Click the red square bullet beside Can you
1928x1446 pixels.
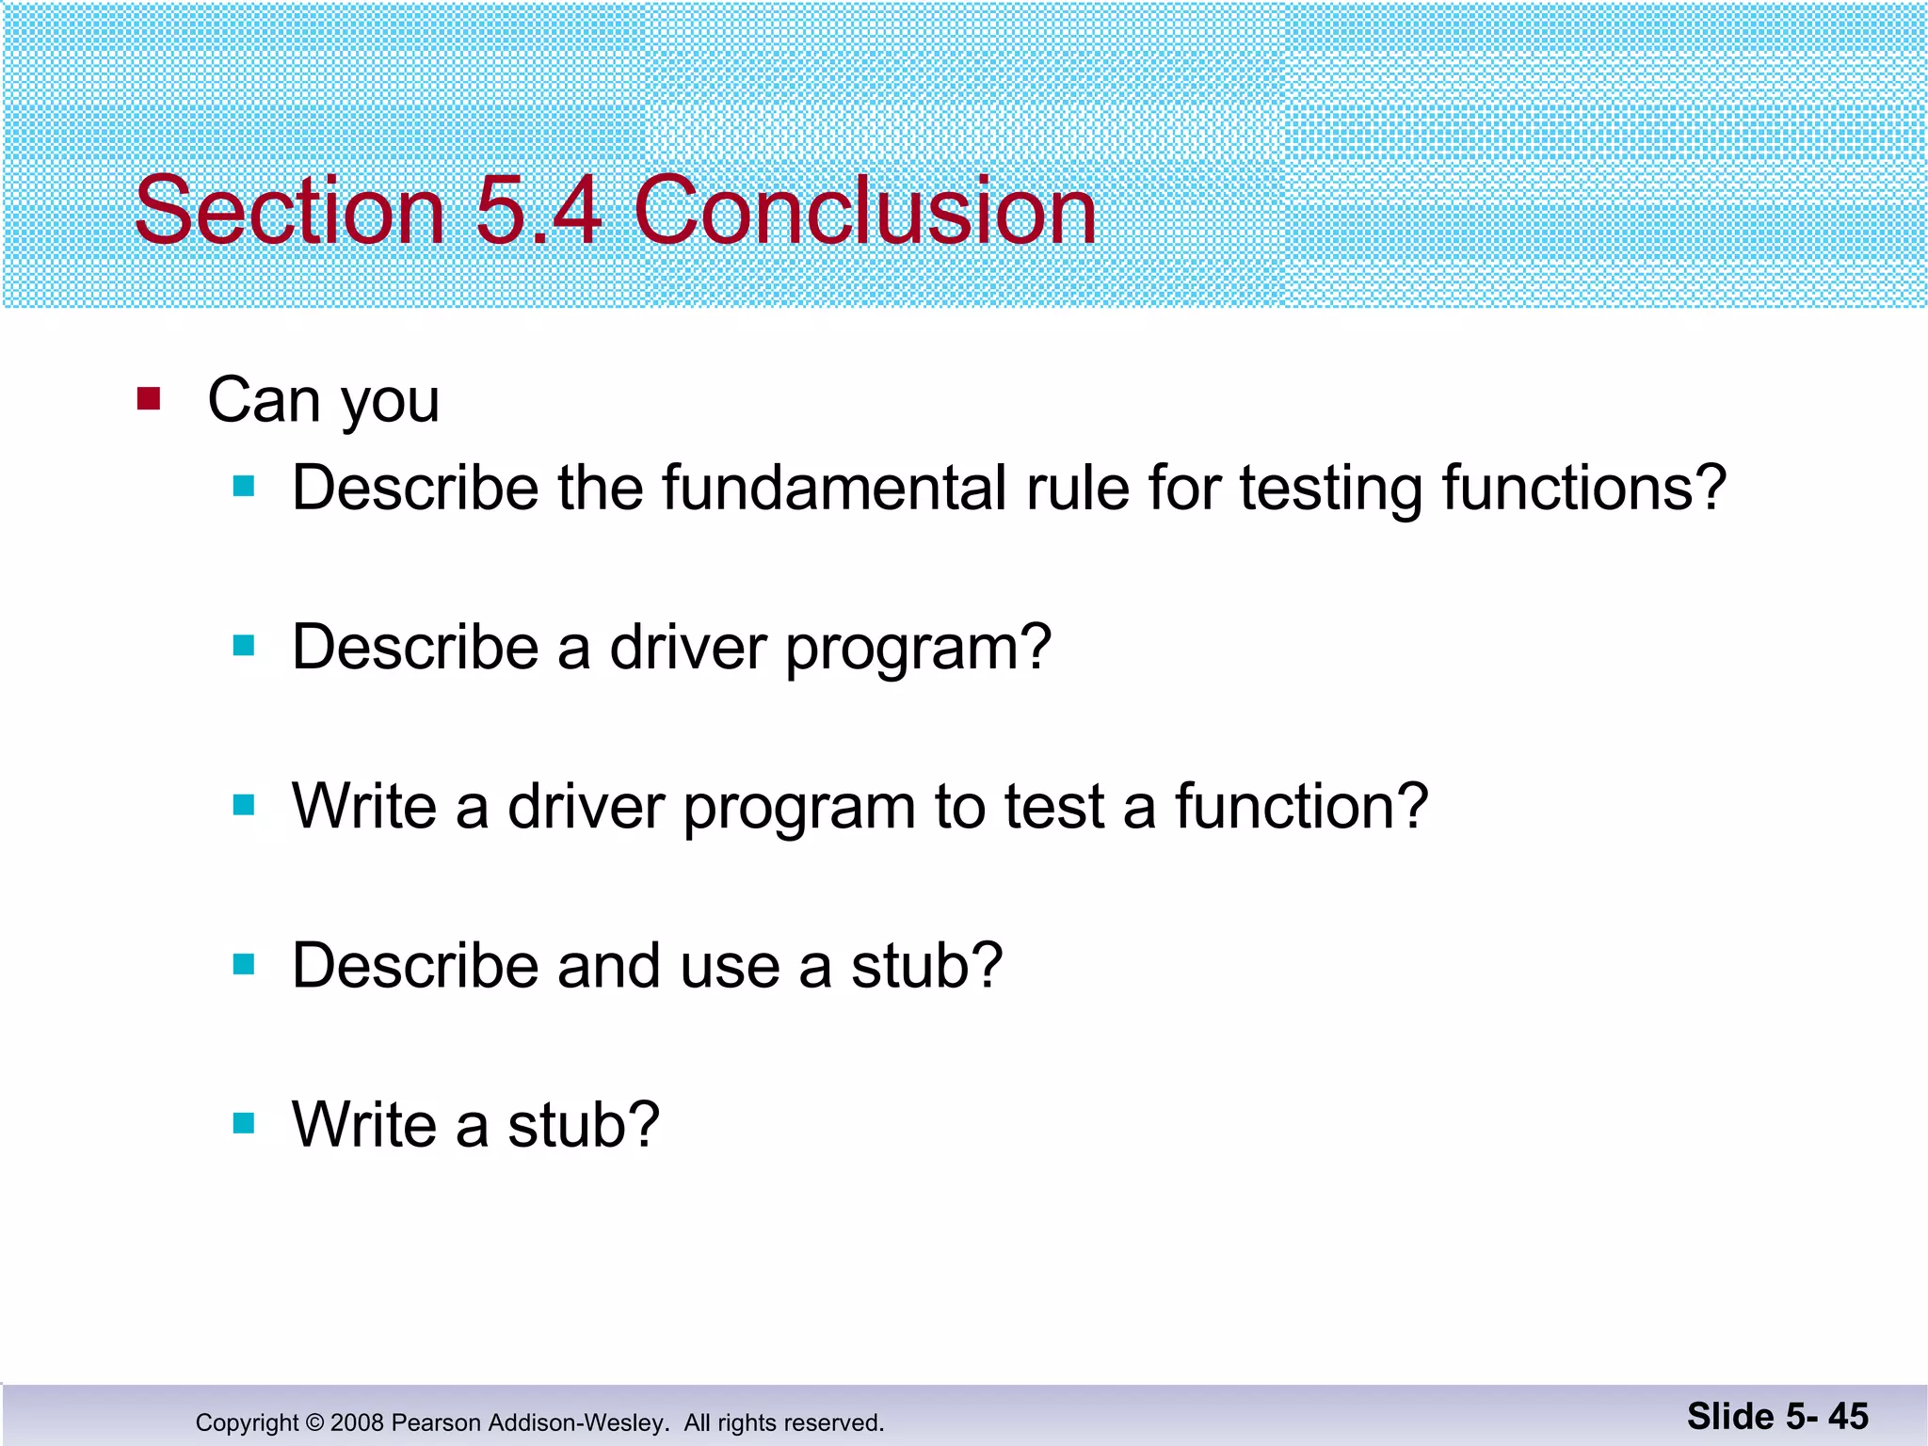pos(149,399)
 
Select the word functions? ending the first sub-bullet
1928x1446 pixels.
pos(1584,488)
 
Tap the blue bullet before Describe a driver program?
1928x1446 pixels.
pos(244,646)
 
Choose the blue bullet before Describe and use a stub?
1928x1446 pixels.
pos(244,965)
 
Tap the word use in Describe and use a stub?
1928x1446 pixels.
pos(730,967)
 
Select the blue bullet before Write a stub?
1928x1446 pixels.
pos(244,1123)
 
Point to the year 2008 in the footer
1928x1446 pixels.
pos(357,1422)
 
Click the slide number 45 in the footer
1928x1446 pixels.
pos(1848,1416)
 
